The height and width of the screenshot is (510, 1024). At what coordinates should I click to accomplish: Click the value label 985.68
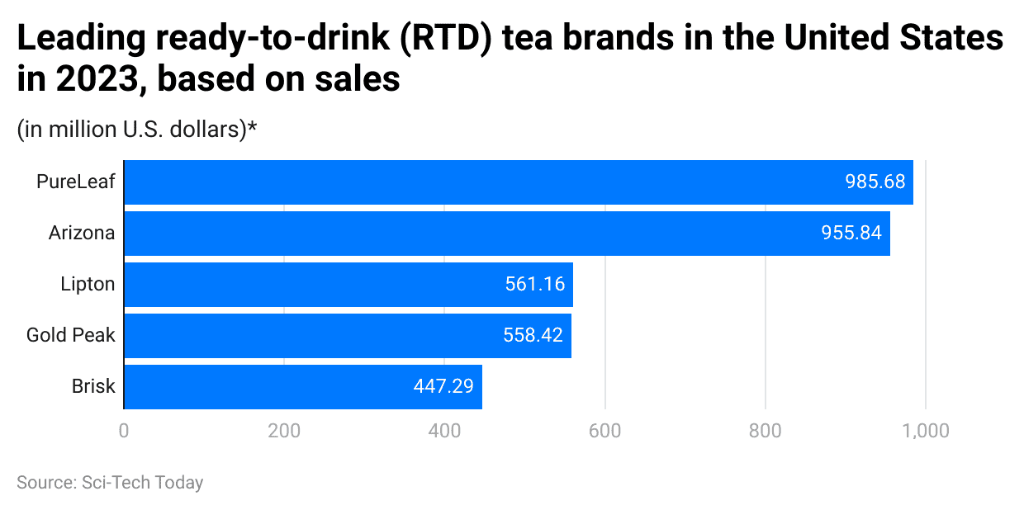(x=875, y=182)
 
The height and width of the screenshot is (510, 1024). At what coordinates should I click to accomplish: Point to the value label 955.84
(x=851, y=234)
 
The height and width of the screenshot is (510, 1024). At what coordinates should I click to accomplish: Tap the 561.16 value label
(x=534, y=285)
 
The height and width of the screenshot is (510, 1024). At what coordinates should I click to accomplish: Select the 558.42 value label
(x=533, y=336)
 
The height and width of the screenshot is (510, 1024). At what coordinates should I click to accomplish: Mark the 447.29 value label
(x=443, y=387)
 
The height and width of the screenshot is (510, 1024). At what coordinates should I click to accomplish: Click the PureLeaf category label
(x=75, y=182)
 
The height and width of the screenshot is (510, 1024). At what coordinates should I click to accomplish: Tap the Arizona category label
(x=81, y=234)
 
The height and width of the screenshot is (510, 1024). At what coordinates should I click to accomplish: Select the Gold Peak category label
(x=70, y=336)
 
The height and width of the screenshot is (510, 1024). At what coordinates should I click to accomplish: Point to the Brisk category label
(x=92, y=387)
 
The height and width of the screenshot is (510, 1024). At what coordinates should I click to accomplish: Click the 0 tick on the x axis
(x=124, y=431)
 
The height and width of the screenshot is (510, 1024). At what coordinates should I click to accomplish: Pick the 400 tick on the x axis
(x=444, y=431)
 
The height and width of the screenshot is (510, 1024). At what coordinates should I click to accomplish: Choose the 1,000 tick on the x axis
(x=925, y=431)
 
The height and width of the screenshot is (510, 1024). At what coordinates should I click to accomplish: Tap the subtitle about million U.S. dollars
(x=137, y=130)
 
